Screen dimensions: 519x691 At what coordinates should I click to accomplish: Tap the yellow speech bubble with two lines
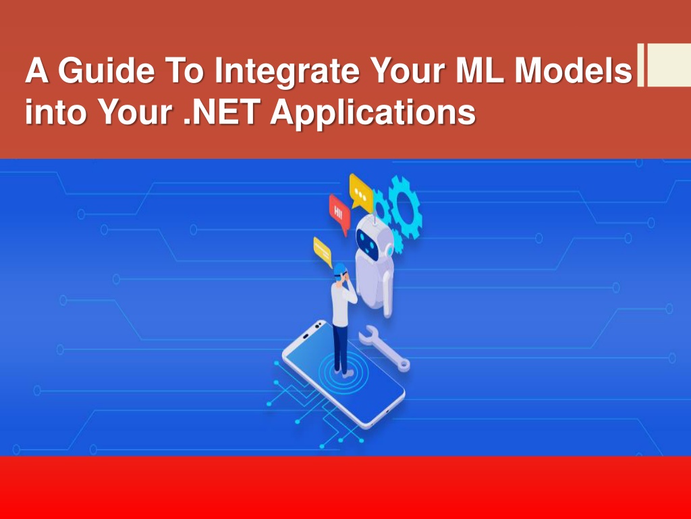323,251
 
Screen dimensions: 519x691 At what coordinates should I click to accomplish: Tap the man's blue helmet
339,269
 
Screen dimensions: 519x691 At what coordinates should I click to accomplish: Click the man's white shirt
340,301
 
